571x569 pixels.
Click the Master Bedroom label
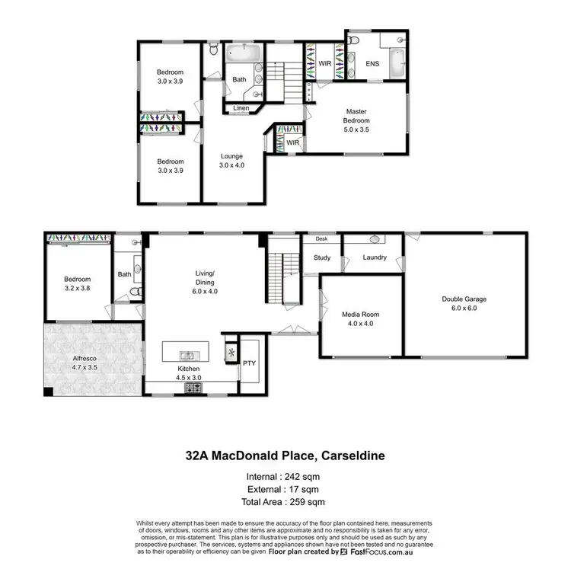click(x=356, y=115)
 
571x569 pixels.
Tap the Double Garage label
click(x=464, y=299)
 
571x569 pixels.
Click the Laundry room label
click(x=374, y=257)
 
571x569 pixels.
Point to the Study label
click(x=322, y=257)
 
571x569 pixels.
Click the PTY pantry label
click(x=249, y=363)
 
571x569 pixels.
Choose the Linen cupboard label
click(x=241, y=108)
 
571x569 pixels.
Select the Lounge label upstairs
click(x=231, y=156)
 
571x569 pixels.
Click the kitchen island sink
click(x=186, y=355)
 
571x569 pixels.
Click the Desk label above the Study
click(x=321, y=238)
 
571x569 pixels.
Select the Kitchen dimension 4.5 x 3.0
click(x=189, y=376)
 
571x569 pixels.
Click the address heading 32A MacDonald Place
click(x=285, y=457)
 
